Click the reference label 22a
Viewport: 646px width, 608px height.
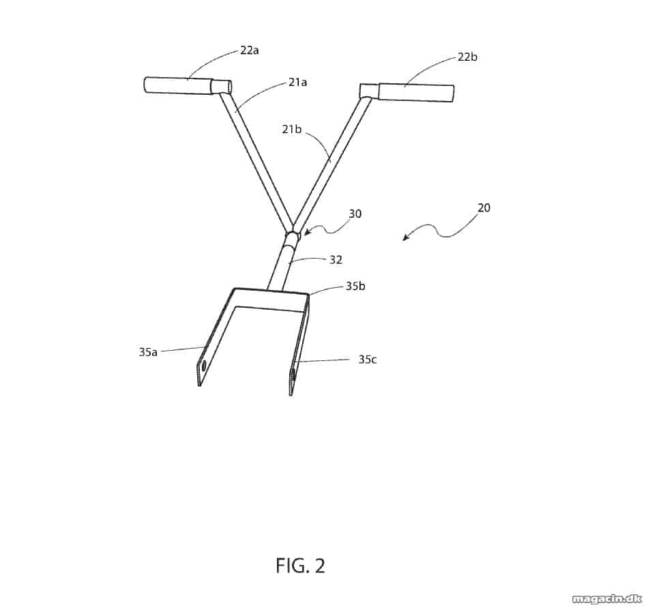click(250, 50)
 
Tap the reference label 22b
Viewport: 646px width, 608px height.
click(467, 57)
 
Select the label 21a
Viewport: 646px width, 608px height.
click(297, 83)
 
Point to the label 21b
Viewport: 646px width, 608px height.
click(292, 129)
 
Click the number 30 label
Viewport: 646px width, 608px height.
click(355, 214)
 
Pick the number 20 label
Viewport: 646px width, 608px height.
click(484, 207)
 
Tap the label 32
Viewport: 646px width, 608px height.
click(336, 260)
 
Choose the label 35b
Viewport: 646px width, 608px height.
click(355, 286)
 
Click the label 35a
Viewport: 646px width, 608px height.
click(148, 352)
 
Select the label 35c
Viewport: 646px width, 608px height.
click(367, 360)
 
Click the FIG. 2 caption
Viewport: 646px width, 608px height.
click(300, 566)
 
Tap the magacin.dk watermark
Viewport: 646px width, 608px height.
click(607, 598)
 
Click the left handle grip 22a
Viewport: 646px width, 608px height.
click(177, 85)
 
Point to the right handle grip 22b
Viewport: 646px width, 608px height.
click(416, 92)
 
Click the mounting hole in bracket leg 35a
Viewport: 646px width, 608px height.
click(203, 366)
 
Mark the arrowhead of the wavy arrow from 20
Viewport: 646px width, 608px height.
click(405, 238)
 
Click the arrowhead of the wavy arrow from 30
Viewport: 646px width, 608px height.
click(306, 233)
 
